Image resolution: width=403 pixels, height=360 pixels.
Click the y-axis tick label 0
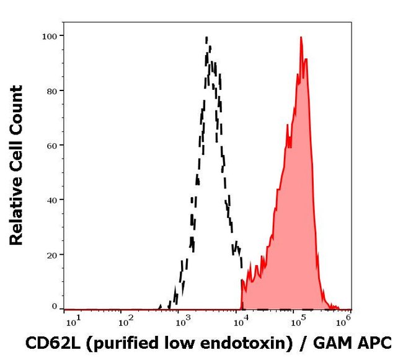tap(53, 307)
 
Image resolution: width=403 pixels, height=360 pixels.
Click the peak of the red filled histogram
tap(301, 38)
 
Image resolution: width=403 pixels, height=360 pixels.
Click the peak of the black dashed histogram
tap(206, 38)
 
